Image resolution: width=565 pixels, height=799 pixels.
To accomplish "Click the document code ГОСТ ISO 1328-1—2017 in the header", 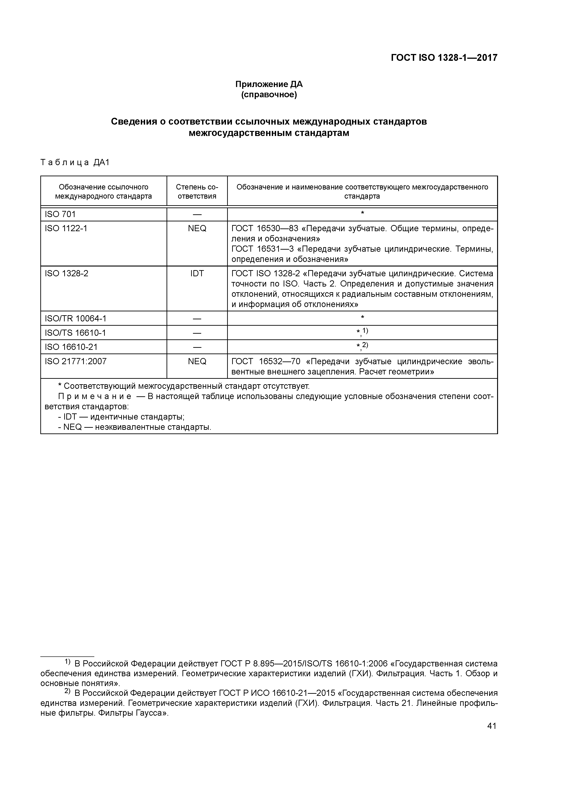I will pyautogui.click(x=444, y=58).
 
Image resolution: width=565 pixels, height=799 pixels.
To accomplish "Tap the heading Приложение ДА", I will pyautogui.click(x=269, y=84).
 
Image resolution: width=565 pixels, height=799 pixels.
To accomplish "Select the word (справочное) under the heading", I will pyautogui.click(x=269, y=95).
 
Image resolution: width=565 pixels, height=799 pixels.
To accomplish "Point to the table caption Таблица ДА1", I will pyautogui.click(x=75, y=163).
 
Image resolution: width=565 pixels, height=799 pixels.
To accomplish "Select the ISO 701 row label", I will pyautogui.click(x=60, y=214).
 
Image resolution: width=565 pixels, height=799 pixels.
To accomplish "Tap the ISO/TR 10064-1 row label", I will pyautogui.click(x=76, y=318).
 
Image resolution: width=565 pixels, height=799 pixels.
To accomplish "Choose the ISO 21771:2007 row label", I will pyautogui.click(x=76, y=361).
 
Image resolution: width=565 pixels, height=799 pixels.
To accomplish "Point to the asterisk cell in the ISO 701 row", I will pyautogui.click(x=362, y=213).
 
